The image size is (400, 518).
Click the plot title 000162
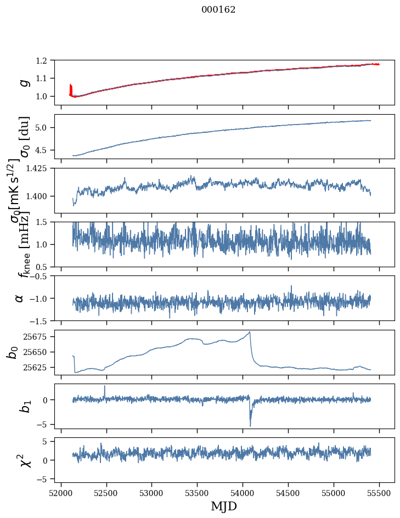click(218, 10)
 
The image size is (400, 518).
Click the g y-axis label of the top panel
click(22, 82)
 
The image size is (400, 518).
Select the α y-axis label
click(20, 298)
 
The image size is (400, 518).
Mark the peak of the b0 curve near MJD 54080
click(250, 331)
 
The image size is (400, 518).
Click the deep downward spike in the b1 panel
click(250, 426)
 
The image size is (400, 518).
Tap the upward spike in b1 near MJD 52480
click(105, 386)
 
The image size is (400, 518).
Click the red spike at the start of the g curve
click(71, 88)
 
